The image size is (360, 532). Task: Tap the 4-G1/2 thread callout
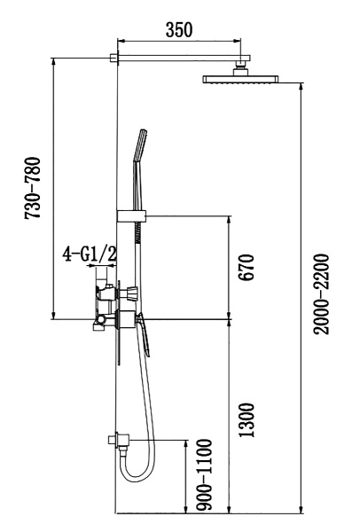[90, 255]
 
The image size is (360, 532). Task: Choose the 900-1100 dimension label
[204, 473]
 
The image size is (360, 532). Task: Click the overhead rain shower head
[241, 80]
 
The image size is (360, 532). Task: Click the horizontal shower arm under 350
[177, 59]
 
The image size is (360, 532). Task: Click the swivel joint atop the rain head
[240, 67]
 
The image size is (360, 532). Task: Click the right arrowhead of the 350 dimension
[237, 40]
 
